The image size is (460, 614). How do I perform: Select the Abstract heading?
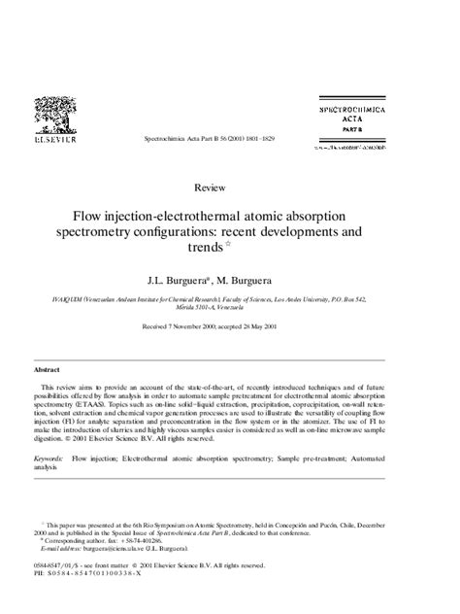pyautogui.click(x=48, y=370)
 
